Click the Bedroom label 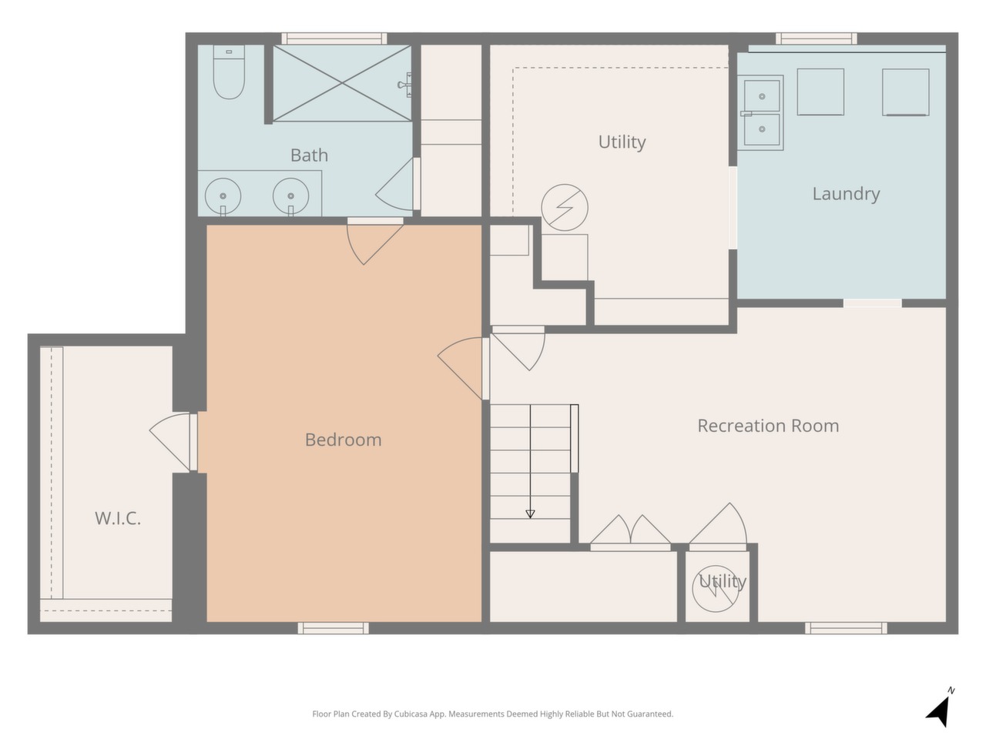point(344,440)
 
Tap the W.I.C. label point(118,518)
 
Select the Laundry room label point(846,194)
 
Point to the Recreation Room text point(768,426)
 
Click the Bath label point(309,155)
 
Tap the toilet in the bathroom point(229,72)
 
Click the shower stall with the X point(342,83)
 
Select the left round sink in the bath point(223,196)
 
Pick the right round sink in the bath point(290,196)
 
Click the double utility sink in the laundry point(761,112)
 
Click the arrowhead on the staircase point(530,514)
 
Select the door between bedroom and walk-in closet point(174,443)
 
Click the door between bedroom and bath point(374,242)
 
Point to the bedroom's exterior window point(334,628)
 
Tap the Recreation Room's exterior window point(846,628)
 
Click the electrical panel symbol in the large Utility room point(565,207)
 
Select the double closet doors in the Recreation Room point(630,533)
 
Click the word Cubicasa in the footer point(411,714)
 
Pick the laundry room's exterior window point(817,38)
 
